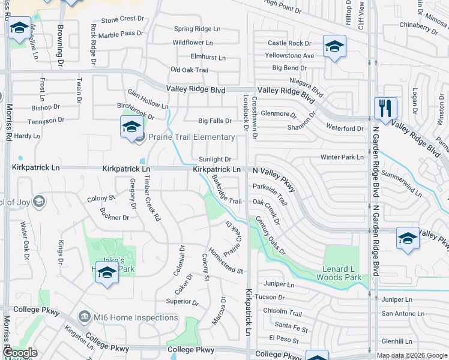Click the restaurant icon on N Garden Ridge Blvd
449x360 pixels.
[x=385, y=109]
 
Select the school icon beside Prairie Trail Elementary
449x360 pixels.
[x=131, y=127]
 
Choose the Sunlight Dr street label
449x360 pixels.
[x=215, y=160]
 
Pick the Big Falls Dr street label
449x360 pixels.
[x=215, y=121]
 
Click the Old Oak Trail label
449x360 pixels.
[x=189, y=70]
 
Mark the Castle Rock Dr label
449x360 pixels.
[x=289, y=43]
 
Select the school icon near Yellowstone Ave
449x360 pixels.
[x=334, y=46]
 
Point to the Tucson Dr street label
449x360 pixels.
[x=269, y=298]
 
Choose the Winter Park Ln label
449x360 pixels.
[x=342, y=157]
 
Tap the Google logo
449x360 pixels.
[x=20, y=353]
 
